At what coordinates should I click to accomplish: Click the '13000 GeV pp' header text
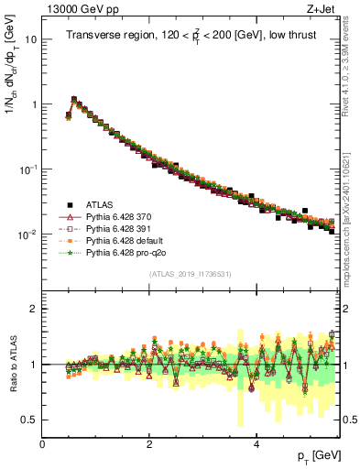tap(79, 11)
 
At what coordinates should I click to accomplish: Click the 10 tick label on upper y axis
tap(31, 40)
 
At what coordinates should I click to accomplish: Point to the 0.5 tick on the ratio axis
tap(28, 420)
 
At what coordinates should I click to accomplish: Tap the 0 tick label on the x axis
tap(42, 444)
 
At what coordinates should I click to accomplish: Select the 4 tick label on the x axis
tap(256, 444)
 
